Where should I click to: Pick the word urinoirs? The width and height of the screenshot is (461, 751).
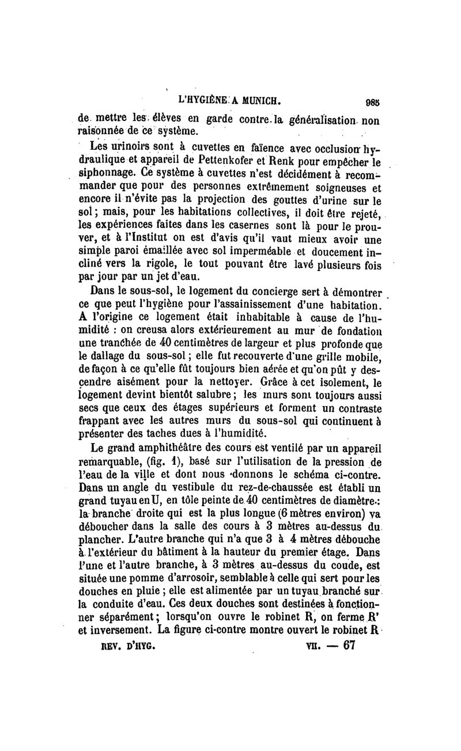[x=134, y=141]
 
